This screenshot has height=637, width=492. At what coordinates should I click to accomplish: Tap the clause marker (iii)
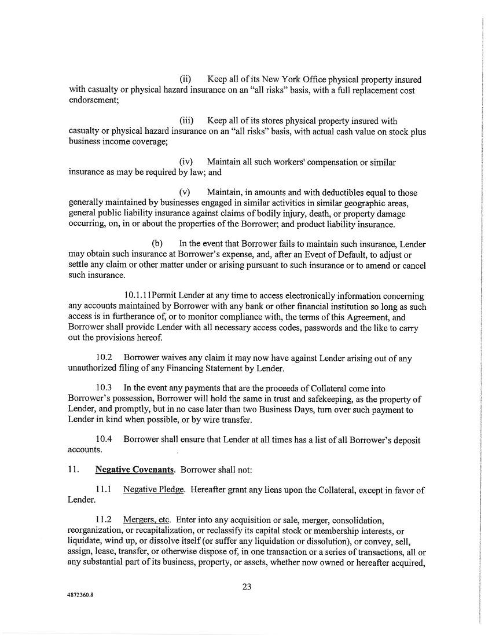point(186,121)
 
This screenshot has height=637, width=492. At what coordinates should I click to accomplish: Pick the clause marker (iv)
point(186,162)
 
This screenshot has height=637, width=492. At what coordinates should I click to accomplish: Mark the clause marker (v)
point(185,192)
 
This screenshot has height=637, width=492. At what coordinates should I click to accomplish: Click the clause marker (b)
point(157,244)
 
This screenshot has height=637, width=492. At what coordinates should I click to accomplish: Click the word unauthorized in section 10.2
point(95,369)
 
